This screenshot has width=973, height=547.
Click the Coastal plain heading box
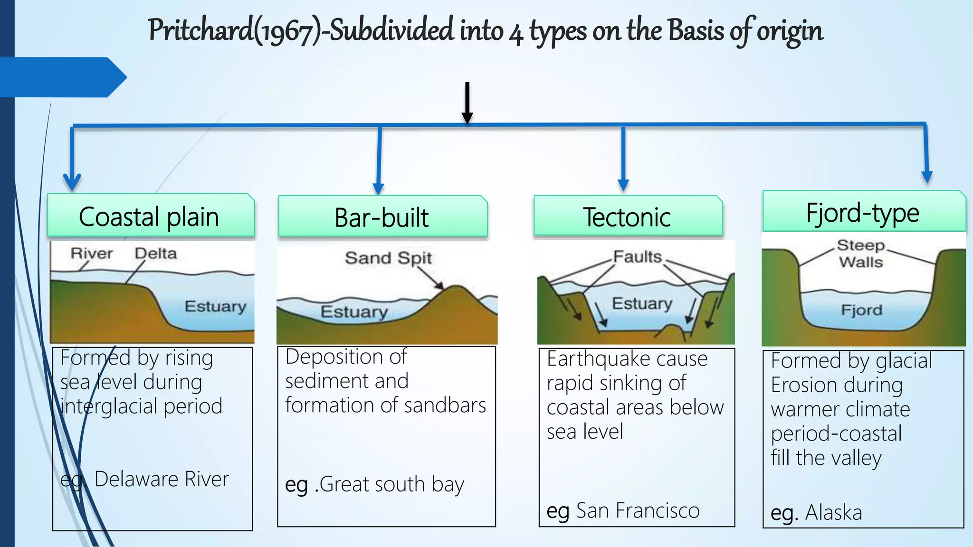151,216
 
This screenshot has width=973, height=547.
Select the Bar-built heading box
382,217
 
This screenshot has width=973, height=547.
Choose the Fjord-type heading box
863,212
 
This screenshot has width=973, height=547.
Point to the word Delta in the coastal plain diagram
156,254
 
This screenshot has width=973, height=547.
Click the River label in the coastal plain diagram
92,254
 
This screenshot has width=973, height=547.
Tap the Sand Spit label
388,258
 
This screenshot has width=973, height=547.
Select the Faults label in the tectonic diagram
637,257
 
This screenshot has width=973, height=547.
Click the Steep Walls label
861,254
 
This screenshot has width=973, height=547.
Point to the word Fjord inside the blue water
861,310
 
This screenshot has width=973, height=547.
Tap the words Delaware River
161,479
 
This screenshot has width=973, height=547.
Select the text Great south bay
391,484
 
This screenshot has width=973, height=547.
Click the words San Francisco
638,511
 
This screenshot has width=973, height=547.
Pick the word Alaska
834,513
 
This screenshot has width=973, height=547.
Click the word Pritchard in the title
200,30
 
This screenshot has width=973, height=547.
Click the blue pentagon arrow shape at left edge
62,77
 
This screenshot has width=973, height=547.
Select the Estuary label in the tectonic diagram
642,303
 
